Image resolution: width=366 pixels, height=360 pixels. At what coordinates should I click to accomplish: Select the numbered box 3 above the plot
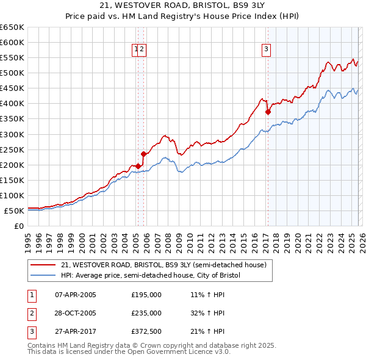click(267, 50)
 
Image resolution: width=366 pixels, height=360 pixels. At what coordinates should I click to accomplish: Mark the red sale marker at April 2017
click(268, 112)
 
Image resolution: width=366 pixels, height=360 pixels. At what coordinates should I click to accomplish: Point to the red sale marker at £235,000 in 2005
click(144, 154)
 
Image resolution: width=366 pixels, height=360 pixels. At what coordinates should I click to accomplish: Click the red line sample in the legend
click(43, 265)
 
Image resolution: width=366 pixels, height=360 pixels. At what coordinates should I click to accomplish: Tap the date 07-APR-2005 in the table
click(75, 295)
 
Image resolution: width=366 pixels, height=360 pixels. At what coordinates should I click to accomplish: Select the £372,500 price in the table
click(146, 333)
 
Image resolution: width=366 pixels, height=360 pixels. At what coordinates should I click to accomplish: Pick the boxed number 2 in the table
click(31, 314)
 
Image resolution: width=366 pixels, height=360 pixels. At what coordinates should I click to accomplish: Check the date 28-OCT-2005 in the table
click(75, 314)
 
